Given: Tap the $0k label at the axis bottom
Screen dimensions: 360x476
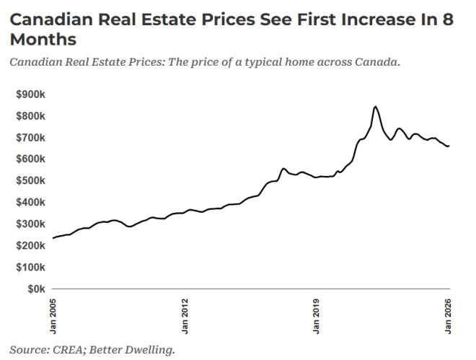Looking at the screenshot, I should tap(36, 289).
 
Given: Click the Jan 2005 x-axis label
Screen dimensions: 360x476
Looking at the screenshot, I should tap(53, 315).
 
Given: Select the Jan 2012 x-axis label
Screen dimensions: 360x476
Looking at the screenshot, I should tap(185, 315).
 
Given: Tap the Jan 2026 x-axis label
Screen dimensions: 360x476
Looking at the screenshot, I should tap(449, 315).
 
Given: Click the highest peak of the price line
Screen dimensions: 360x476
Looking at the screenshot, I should tap(375, 107).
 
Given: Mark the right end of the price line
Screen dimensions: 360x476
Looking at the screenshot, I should tap(449, 146).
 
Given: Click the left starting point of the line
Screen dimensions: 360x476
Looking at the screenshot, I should tap(53, 238).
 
